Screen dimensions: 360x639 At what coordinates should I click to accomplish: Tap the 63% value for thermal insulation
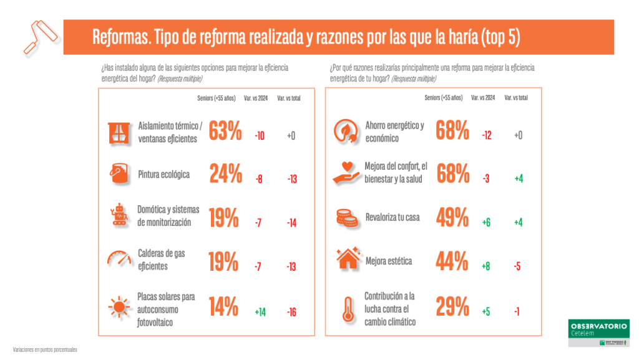point(225,132)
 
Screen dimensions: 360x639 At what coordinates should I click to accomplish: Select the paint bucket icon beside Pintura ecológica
point(117,175)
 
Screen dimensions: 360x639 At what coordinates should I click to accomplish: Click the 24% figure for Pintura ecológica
point(225,175)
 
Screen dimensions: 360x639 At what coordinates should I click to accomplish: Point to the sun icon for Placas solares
point(117,307)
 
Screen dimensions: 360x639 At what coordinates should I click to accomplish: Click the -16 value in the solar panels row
point(291,312)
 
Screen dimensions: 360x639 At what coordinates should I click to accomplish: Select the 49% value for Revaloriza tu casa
point(452,218)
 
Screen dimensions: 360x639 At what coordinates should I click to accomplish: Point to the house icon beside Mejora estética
point(346,260)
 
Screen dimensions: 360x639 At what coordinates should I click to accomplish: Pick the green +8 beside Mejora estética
point(486,266)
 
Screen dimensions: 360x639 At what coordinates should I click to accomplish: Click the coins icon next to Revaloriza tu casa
point(346,218)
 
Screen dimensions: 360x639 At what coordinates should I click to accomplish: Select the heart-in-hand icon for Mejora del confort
point(346,172)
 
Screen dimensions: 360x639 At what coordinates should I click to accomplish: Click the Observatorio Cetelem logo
point(598,333)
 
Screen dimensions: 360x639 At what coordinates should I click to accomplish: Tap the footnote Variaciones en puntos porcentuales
point(45,349)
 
